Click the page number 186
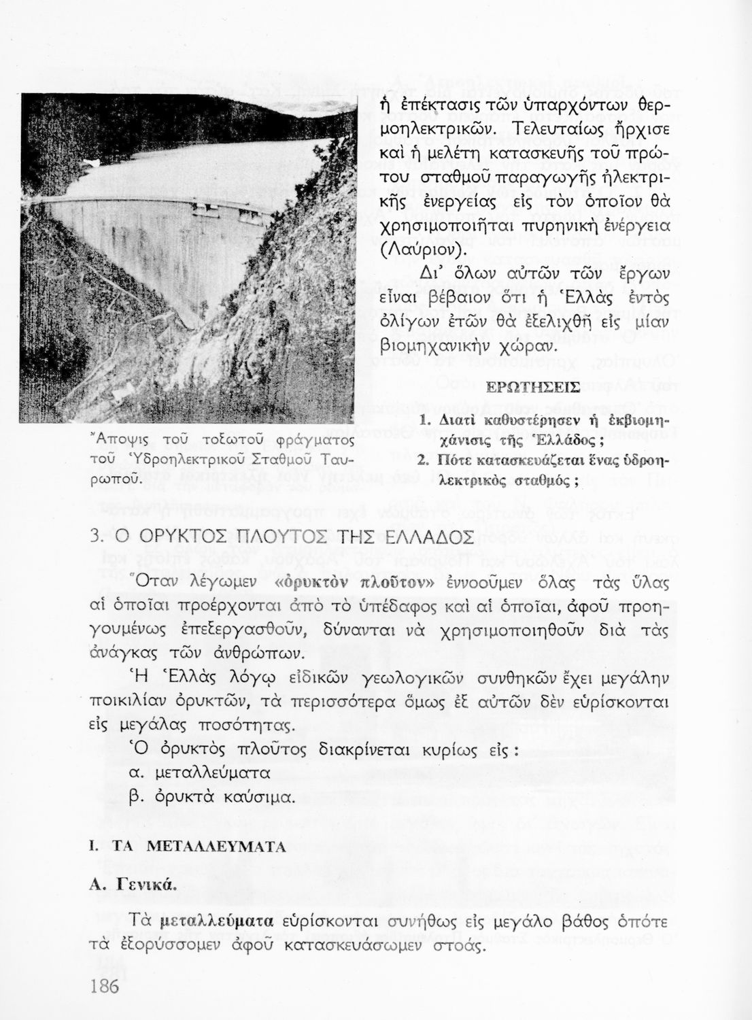pyautogui.click(x=104, y=985)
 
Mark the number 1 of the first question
pyautogui.click(x=424, y=421)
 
